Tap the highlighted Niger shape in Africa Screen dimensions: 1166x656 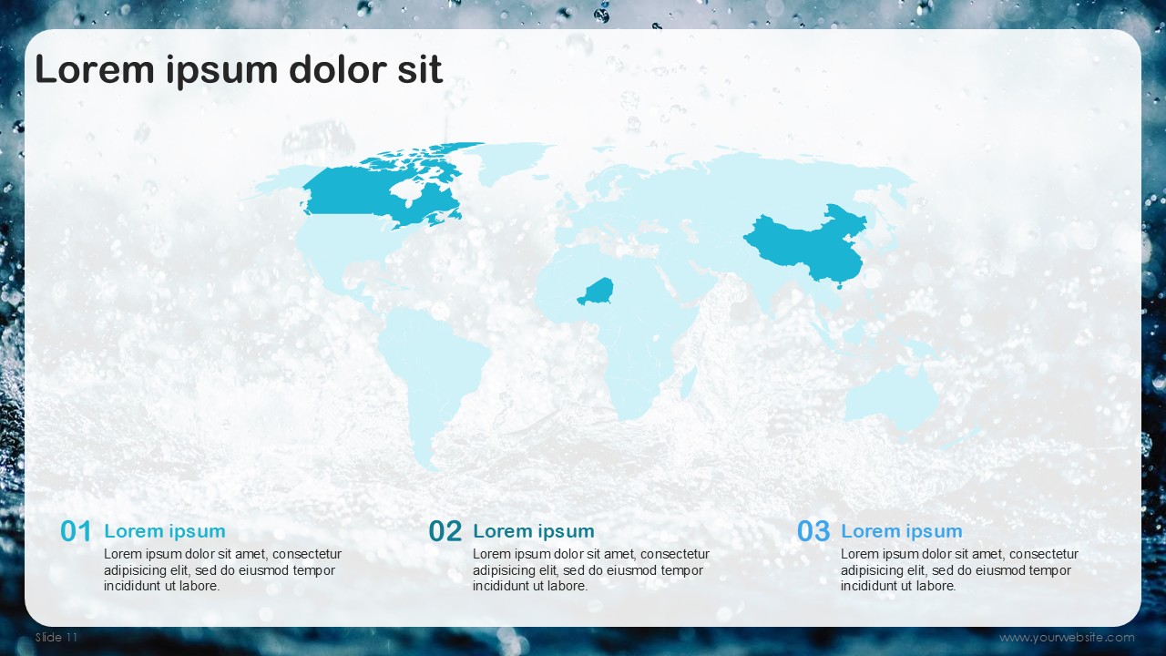pos(597,292)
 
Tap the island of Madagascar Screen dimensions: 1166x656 pos(688,383)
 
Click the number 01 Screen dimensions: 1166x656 pos(76,531)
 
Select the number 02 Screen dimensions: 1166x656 pos(445,531)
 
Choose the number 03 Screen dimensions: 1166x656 pos(813,531)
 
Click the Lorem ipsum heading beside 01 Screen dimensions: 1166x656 pos(165,531)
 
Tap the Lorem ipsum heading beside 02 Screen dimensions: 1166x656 pos(534,531)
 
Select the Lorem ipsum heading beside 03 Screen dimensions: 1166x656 pos(902,531)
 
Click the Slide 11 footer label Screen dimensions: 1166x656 pos(56,637)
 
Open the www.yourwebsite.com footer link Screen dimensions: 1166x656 pos(1067,637)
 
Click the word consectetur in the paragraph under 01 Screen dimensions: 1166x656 pos(307,554)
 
